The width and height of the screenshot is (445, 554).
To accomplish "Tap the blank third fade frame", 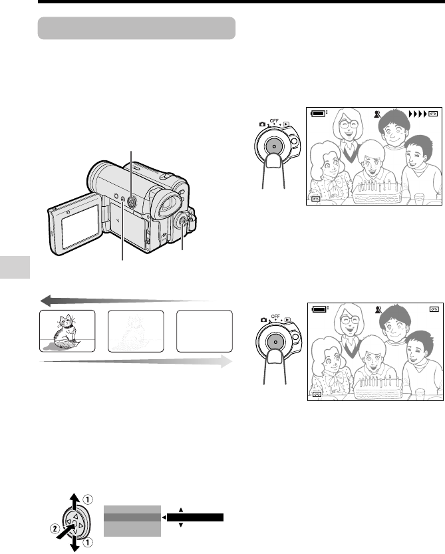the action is click(204, 331).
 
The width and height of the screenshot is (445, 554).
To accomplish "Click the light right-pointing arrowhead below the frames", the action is click(226, 361).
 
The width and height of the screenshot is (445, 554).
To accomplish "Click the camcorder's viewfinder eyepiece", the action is click(170, 203).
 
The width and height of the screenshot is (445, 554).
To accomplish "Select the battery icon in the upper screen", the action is click(319, 114).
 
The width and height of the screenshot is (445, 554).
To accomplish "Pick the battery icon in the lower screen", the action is click(320, 309).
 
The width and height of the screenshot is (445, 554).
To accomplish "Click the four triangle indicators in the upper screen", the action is click(418, 114).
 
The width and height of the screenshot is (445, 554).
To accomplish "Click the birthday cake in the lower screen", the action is click(378, 388).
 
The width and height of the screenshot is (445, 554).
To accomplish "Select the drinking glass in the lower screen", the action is click(420, 394).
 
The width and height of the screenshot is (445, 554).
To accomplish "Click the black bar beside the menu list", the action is click(195, 517).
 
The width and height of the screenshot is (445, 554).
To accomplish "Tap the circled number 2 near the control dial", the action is click(55, 529).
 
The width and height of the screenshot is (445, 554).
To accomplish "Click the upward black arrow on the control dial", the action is click(74, 501).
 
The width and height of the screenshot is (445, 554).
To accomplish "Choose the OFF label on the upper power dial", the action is click(274, 120).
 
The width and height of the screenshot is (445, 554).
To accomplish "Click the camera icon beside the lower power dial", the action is click(263, 320).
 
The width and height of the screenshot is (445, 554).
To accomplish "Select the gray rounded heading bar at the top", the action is click(136, 28).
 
